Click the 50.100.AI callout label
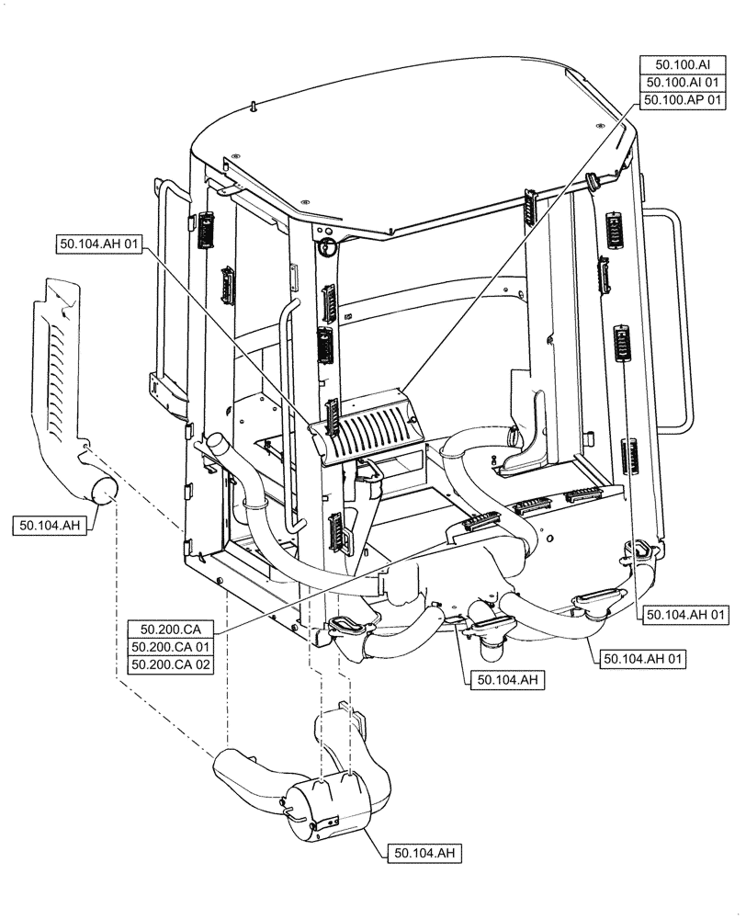tap(682, 64)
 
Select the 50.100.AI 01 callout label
tap(682, 82)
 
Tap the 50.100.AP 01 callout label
tap(682, 99)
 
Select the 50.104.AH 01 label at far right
tap(687, 615)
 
